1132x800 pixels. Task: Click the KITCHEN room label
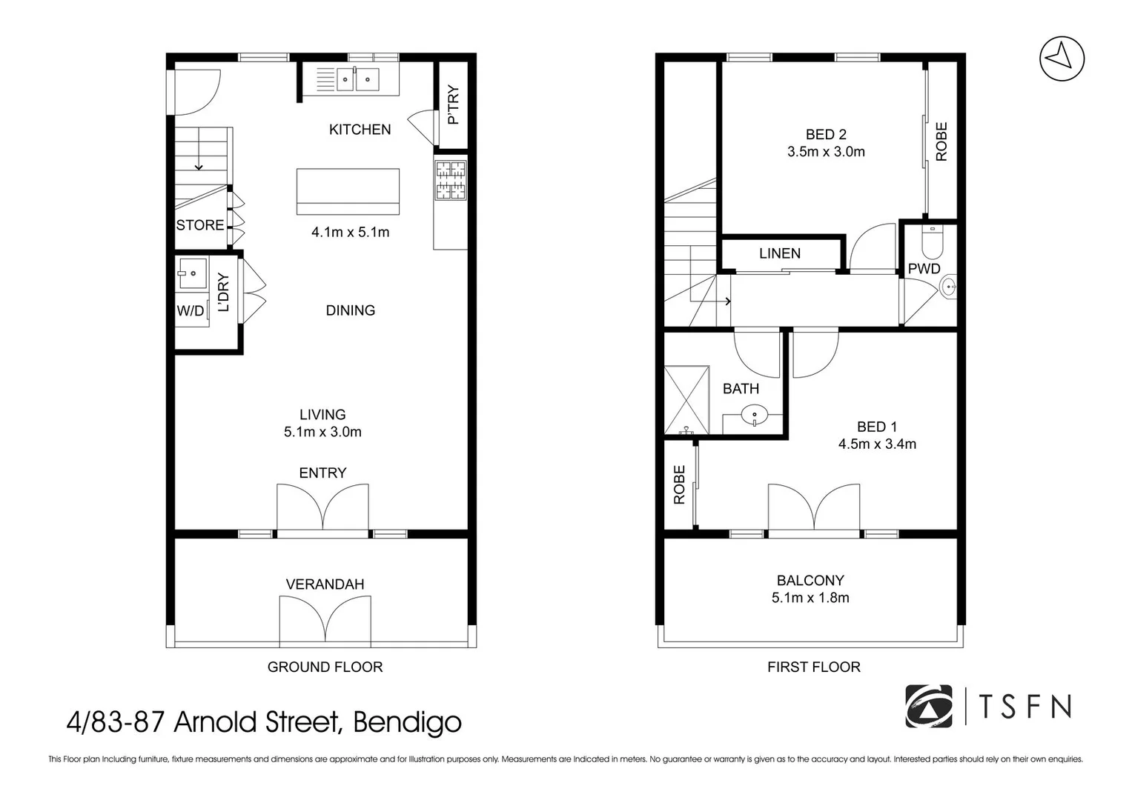(x=360, y=130)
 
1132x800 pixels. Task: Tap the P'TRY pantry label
(x=453, y=104)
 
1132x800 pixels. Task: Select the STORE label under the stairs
(x=200, y=224)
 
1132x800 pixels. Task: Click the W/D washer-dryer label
(x=191, y=310)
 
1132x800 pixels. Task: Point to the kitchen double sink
(x=357, y=79)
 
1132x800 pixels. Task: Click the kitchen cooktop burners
(x=451, y=180)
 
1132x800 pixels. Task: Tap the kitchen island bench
(x=348, y=191)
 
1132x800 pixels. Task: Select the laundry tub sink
(x=192, y=273)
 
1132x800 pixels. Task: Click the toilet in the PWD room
(x=933, y=242)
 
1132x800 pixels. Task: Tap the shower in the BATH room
(x=686, y=400)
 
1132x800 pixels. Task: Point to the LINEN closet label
(x=780, y=253)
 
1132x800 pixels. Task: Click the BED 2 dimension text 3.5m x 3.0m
(x=826, y=152)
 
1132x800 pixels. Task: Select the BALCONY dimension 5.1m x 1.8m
(x=810, y=598)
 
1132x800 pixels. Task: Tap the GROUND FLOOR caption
(x=325, y=667)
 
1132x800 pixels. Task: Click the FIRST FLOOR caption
(x=814, y=667)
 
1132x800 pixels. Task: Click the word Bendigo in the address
(x=407, y=723)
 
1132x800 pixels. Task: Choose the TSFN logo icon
(x=928, y=706)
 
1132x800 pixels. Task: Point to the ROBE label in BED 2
(x=941, y=141)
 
